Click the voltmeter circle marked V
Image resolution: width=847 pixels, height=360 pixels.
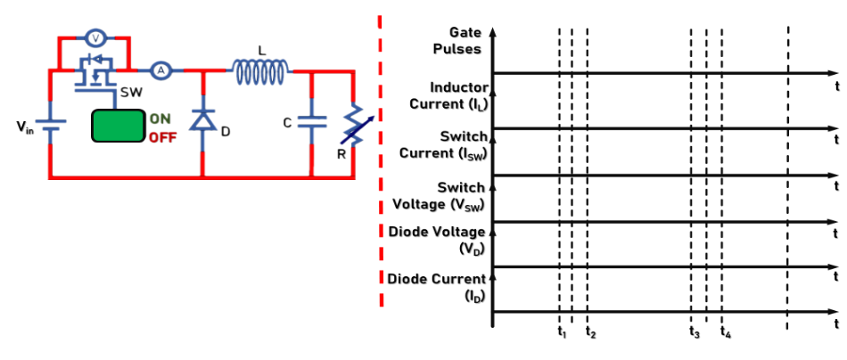click(96, 38)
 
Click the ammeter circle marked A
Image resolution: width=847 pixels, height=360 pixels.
click(160, 70)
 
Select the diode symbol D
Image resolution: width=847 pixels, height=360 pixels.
click(202, 119)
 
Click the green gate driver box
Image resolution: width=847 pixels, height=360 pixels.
click(119, 126)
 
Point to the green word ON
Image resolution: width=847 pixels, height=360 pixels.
click(160, 119)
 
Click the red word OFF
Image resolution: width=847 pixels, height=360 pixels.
click(162, 137)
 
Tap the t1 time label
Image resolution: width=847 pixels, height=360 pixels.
click(561, 332)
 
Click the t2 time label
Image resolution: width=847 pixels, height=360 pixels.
click(590, 332)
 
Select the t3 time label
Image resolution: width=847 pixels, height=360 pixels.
click(695, 332)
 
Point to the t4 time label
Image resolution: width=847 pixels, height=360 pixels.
click(726, 332)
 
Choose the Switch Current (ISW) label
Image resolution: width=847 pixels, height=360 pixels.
click(443, 144)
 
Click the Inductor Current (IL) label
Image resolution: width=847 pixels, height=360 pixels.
click(449, 95)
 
